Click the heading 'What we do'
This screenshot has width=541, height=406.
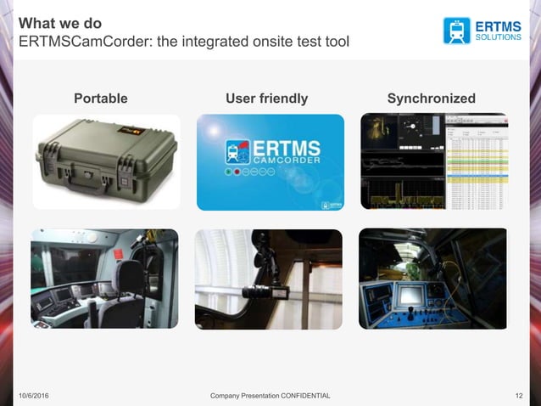point(60,23)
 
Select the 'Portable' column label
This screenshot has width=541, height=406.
point(101,99)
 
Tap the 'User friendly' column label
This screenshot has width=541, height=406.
point(266,99)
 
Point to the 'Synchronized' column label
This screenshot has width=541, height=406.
point(431,99)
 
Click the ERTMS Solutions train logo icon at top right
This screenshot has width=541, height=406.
point(456,31)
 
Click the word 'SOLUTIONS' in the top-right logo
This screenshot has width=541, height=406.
point(498,37)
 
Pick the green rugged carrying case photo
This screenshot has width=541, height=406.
point(106,161)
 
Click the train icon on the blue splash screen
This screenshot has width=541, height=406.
point(237,151)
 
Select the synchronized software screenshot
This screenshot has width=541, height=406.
point(434,161)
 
